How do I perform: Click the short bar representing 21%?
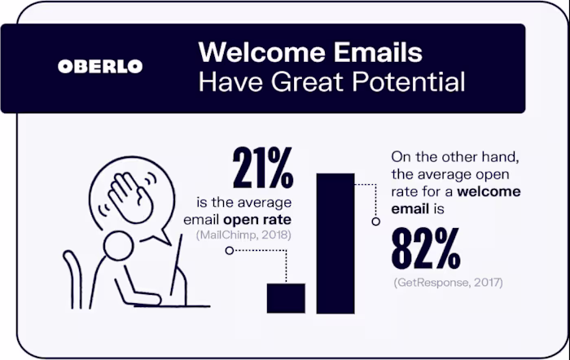[x=286, y=298]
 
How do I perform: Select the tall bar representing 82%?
[x=335, y=244]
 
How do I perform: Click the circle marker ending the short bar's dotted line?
[x=230, y=250]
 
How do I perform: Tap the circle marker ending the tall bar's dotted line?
[x=375, y=221]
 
